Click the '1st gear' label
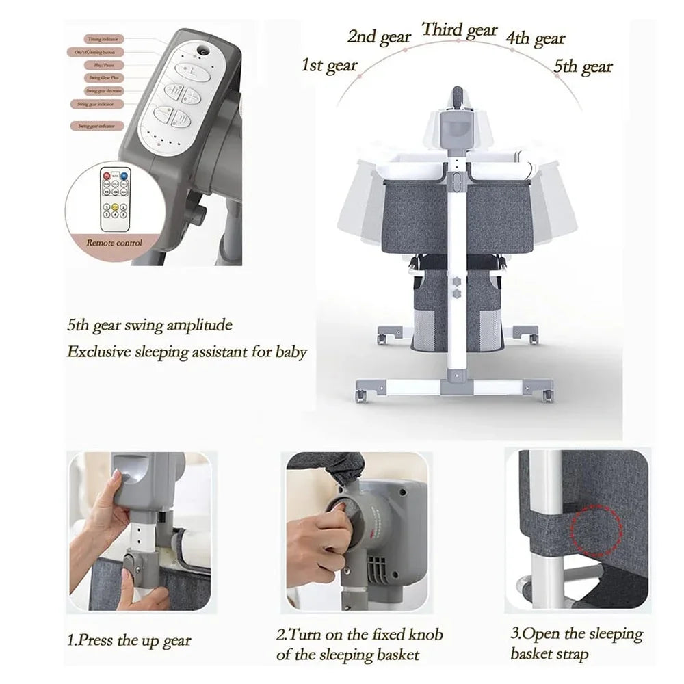[329, 66]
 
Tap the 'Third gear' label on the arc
[459, 30]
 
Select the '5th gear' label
[583, 66]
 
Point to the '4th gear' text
[536, 38]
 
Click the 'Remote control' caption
[114, 242]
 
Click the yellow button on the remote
[117, 206]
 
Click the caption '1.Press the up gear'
[130, 641]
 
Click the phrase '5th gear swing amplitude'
[150, 325]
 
